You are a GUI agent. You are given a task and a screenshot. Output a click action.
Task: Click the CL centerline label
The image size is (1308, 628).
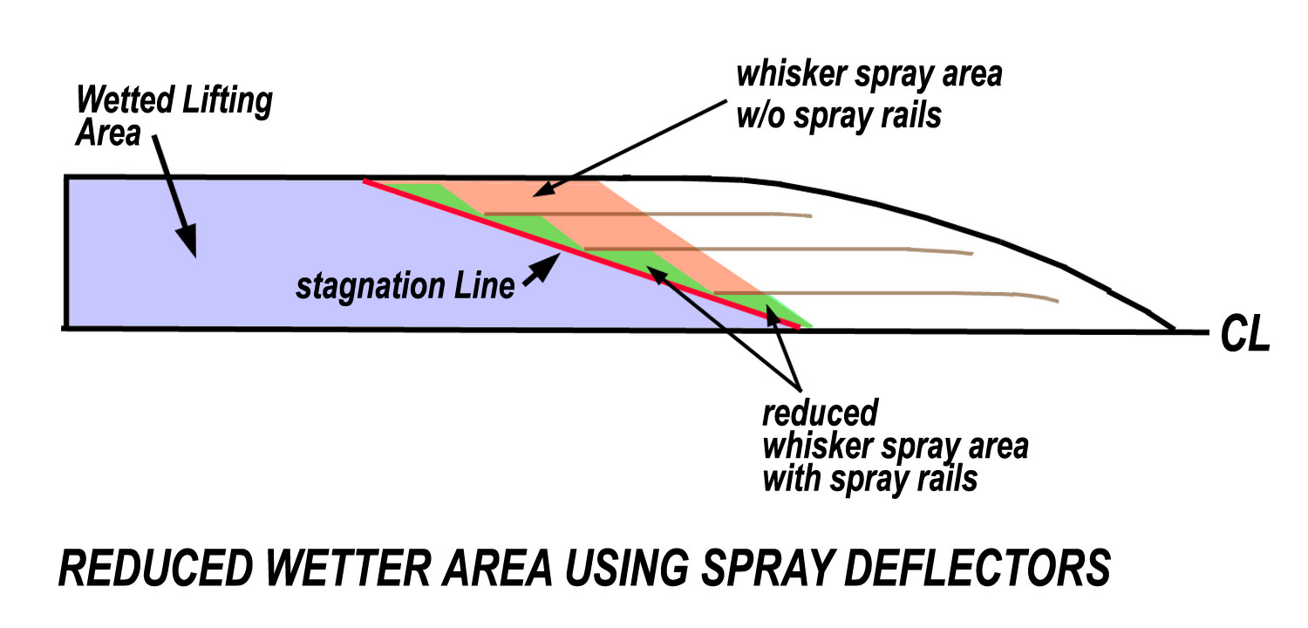[x=1245, y=334]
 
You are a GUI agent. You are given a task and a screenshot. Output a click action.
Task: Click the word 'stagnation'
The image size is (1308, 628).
[x=371, y=287]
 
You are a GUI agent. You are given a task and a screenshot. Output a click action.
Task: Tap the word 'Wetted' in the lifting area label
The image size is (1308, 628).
[x=126, y=100]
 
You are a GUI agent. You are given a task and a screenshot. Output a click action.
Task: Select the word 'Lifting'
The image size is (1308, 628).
[x=228, y=102]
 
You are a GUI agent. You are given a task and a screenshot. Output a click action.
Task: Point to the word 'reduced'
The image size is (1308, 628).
[x=820, y=413]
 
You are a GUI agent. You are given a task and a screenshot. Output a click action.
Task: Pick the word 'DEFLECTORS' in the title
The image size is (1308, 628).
[x=978, y=568]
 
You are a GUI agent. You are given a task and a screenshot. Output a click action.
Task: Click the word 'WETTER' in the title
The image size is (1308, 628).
[x=349, y=568]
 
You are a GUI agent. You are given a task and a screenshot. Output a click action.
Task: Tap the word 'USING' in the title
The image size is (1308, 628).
[x=627, y=568]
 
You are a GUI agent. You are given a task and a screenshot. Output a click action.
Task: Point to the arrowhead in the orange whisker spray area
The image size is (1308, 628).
[x=545, y=188]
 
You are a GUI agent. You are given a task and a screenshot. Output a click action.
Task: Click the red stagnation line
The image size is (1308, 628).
[x=582, y=254]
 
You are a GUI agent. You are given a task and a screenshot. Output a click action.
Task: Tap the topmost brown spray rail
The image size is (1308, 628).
[x=648, y=215]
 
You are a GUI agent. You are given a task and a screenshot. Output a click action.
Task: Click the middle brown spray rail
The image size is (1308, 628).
[x=779, y=249]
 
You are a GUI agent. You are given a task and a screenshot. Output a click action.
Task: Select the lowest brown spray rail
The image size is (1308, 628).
[x=887, y=294]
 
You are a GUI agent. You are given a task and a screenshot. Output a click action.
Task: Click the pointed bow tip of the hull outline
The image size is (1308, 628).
[x=1175, y=330]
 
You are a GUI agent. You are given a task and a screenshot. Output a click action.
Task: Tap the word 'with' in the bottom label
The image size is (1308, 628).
[x=793, y=479]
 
